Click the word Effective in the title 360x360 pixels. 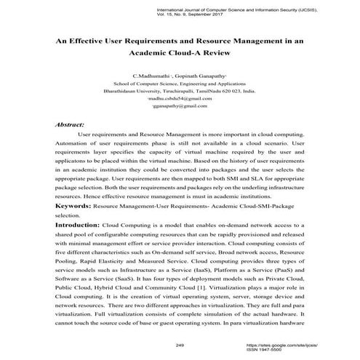coord(94,41)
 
